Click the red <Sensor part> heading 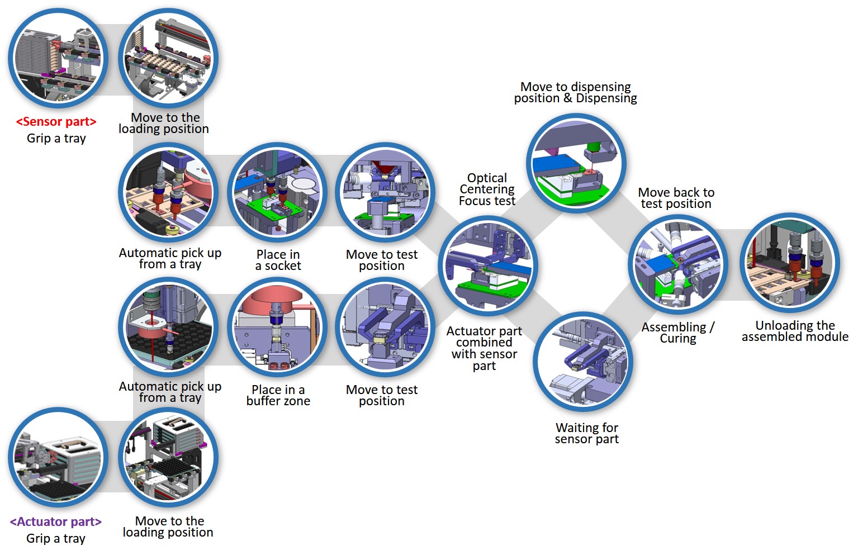pyautogui.click(x=56, y=122)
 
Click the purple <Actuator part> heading pyautogui.click(x=56, y=522)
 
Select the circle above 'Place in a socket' pyautogui.click(x=277, y=192)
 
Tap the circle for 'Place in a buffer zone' pyautogui.click(x=277, y=328)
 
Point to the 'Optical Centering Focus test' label pyautogui.click(x=487, y=189)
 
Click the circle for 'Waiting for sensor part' pyautogui.click(x=583, y=362)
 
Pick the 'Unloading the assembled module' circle pyautogui.click(x=790, y=263)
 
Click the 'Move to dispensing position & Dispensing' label pyautogui.click(x=575, y=93)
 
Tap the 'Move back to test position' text pyautogui.click(x=676, y=198)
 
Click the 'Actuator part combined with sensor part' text pyautogui.click(x=484, y=348)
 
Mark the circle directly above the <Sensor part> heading pyautogui.click(x=58, y=59)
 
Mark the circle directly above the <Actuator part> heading pyautogui.click(x=58, y=458)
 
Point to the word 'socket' pyautogui.click(x=283, y=266)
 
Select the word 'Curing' pyautogui.click(x=678, y=339)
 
